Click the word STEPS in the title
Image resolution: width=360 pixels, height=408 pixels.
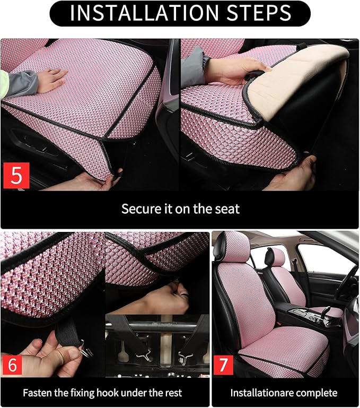coord(257,13)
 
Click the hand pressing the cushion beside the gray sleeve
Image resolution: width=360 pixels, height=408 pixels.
coord(51,80)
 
